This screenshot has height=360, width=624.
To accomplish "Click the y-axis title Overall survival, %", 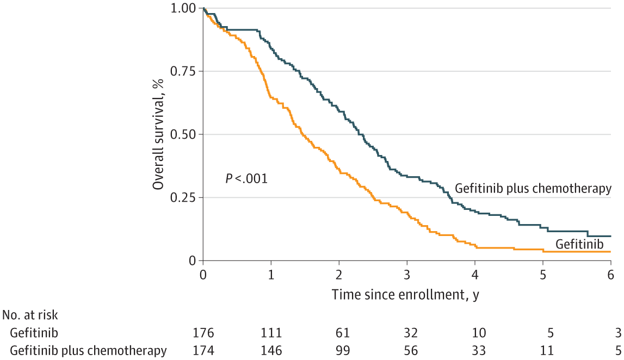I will coord(158,135).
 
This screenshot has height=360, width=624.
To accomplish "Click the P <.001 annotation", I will coord(246,178).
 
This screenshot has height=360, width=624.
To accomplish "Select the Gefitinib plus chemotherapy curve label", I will coord(533,189).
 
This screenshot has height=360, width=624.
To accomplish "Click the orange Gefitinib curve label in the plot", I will coord(579,245).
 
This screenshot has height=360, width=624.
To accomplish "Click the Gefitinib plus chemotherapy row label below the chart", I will coord(88,350).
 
